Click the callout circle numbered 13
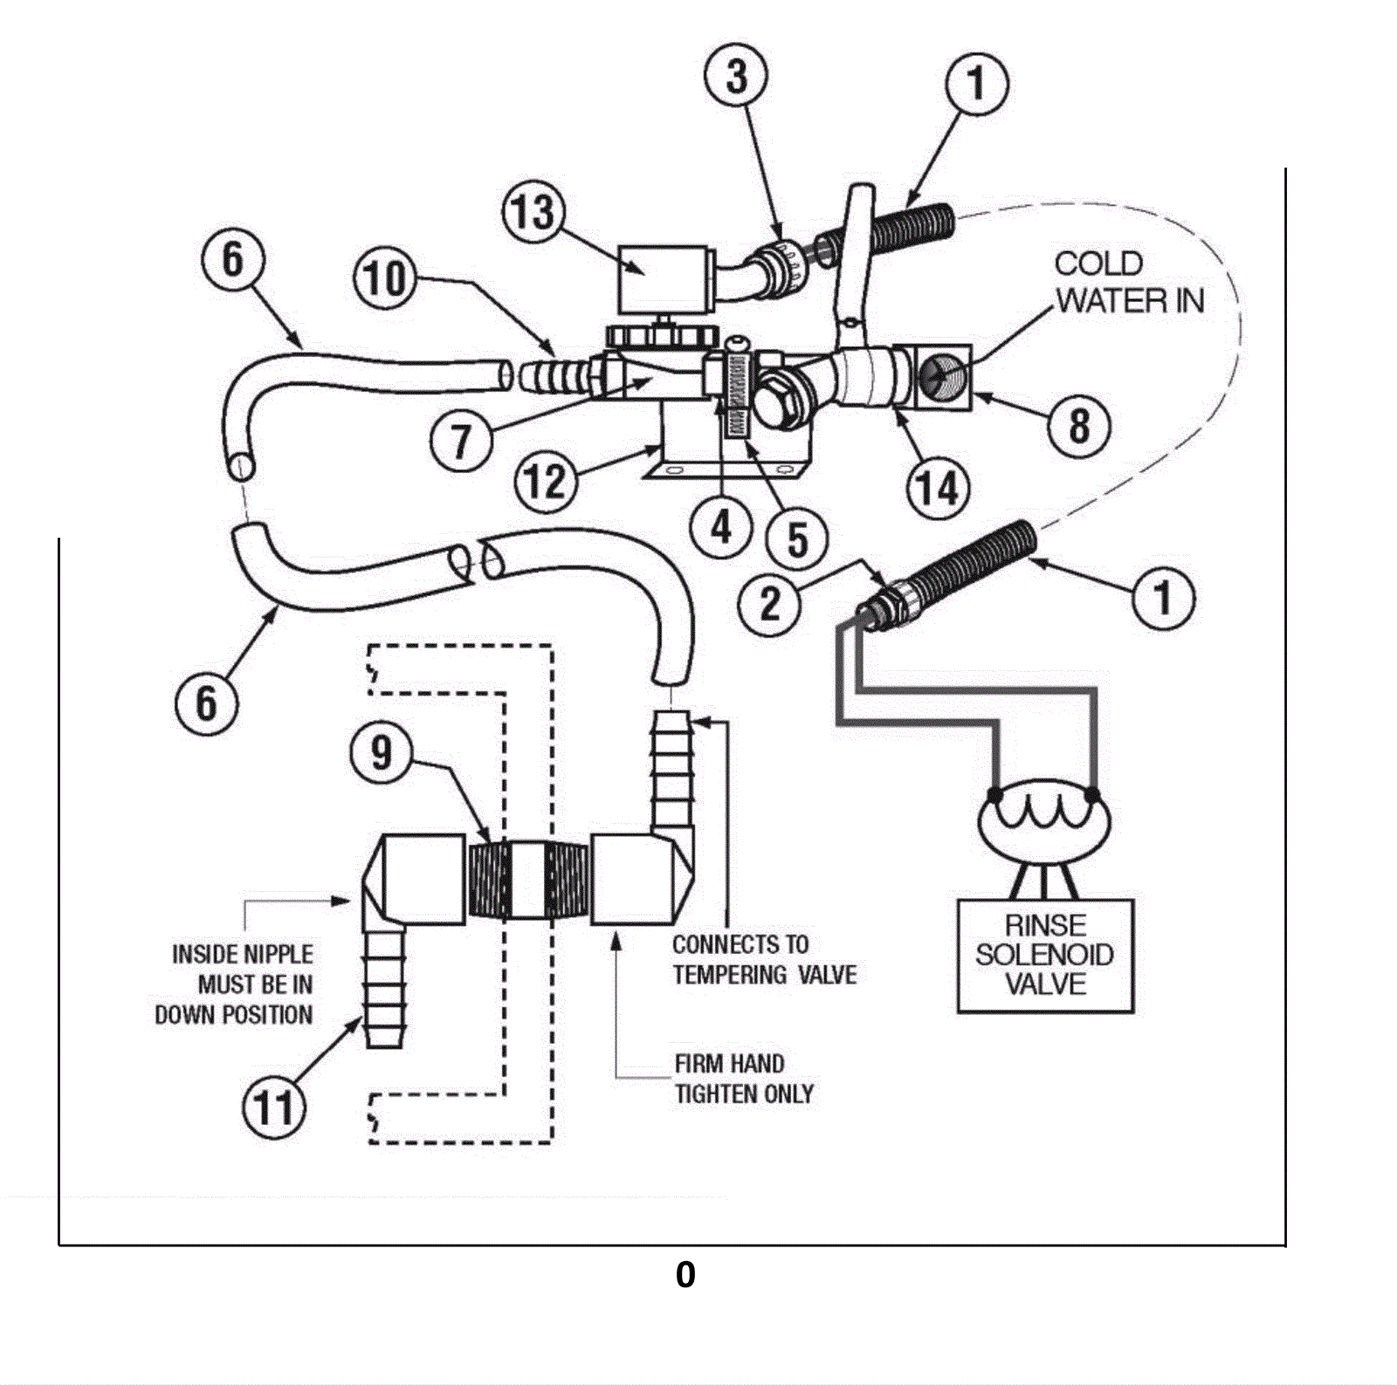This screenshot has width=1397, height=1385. (x=533, y=212)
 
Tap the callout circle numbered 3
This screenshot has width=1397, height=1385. (x=737, y=76)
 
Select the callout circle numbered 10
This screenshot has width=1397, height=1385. (x=385, y=279)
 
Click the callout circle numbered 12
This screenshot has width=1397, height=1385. (x=546, y=481)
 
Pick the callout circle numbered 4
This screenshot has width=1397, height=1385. (x=721, y=527)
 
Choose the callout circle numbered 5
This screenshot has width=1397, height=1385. (x=797, y=539)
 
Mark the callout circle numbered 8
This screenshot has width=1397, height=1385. (x=1079, y=427)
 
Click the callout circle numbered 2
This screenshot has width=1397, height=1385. (x=770, y=603)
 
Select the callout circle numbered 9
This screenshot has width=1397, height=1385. (x=382, y=752)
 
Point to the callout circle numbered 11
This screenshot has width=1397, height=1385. (x=274, y=1108)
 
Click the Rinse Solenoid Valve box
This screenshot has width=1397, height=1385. (x=1045, y=956)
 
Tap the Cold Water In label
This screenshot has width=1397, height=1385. (x=1129, y=282)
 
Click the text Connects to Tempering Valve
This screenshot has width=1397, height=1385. (x=765, y=959)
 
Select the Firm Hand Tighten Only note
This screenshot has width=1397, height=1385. (x=744, y=1079)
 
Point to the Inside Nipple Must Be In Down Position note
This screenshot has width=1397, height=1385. (x=234, y=984)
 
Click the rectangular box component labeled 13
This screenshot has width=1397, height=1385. (x=662, y=279)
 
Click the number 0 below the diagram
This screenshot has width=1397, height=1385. (x=685, y=1275)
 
